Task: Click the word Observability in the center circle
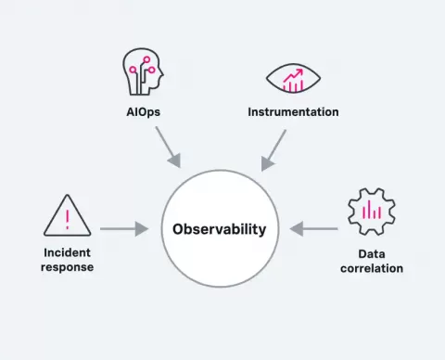(220, 229)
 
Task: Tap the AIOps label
(144, 112)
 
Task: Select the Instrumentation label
(293, 112)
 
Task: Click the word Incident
(67, 252)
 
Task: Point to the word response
(67, 267)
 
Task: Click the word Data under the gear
(372, 254)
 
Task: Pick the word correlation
(372, 268)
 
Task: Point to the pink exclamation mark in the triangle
(68, 220)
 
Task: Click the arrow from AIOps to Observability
(168, 147)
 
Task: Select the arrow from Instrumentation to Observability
(273, 150)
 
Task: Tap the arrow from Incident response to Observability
(124, 229)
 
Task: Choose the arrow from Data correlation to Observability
(313, 229)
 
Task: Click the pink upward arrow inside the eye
(293, 75)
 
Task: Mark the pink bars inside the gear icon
(372, 210)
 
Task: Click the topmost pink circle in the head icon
(146, 59)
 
